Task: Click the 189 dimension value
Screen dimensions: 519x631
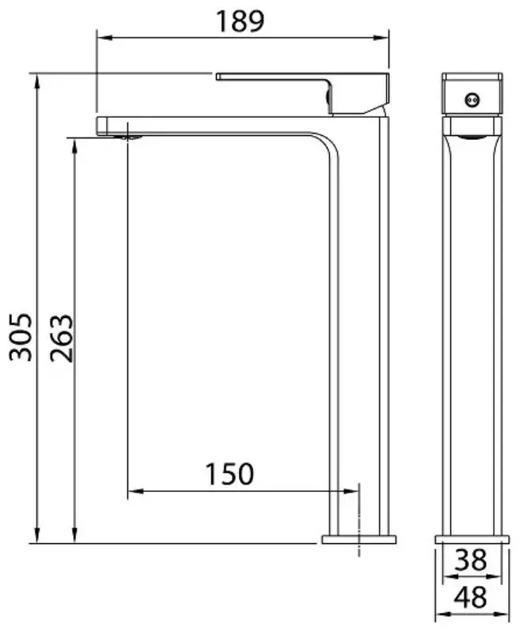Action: [241, 21]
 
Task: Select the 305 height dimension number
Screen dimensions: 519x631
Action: [21, 337]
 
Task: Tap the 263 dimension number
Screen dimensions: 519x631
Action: [62, 338]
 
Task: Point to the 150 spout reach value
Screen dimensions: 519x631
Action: [229, 474]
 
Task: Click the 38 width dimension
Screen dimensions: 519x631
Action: [470, 560]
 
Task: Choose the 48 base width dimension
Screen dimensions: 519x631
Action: [470, 597]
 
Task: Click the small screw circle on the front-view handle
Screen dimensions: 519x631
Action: [472, 100]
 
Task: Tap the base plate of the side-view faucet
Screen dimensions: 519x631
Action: [472, 539]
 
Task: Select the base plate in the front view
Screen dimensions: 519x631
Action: [358, 539]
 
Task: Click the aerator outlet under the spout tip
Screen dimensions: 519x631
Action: [128, 138]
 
